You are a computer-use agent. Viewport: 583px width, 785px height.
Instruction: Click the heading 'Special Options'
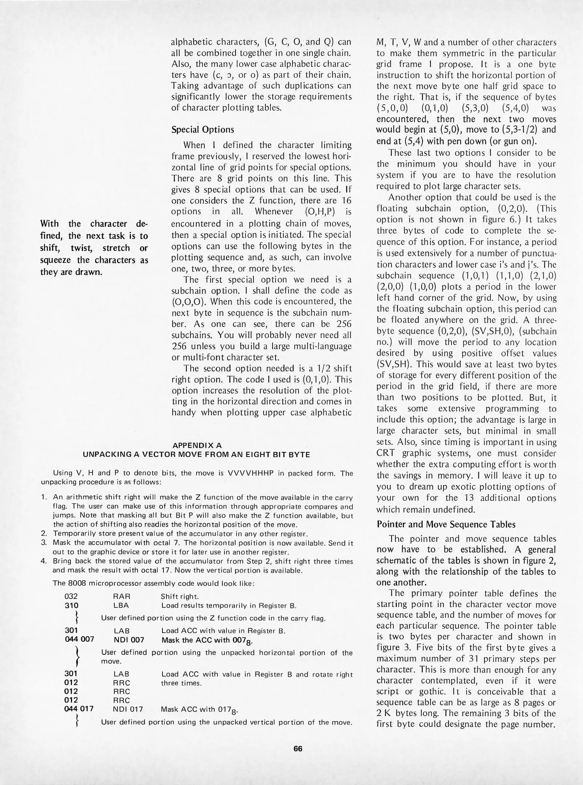(x=203, y=130)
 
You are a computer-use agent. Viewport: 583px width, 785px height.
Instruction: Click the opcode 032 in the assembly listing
(x=71, y=596)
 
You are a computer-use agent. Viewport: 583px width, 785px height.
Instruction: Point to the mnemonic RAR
(x=122, y=596)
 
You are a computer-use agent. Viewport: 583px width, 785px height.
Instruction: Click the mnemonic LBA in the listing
(x=121, y=605)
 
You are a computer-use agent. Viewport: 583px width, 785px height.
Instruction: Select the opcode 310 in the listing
(x=71, y=605)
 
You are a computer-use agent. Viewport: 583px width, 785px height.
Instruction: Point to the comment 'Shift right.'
(x=180, y=596)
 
